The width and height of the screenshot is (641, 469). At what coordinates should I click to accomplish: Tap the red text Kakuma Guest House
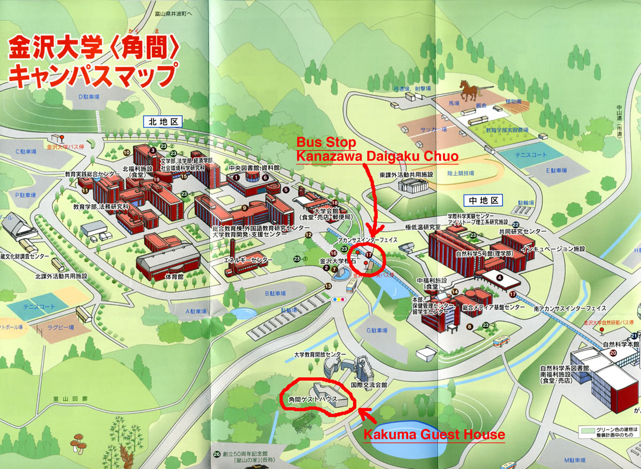(x=434, y=434)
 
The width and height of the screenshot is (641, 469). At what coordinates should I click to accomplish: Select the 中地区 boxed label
(x=484, y=201)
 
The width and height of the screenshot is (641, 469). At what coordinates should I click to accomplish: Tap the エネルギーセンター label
(x=248, y=260)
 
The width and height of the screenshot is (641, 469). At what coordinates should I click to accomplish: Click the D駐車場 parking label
(x=89, y=97)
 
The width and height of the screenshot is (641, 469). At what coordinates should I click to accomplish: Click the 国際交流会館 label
(x=369, y=384)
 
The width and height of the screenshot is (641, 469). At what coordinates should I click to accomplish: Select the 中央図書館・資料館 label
(x=254, y=168)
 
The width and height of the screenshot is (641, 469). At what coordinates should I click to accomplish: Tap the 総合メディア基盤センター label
(x=494, y=307)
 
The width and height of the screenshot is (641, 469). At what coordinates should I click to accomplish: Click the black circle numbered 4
(x=500, y=277)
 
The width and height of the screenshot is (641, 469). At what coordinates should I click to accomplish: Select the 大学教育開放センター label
(x=320, y=354)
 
